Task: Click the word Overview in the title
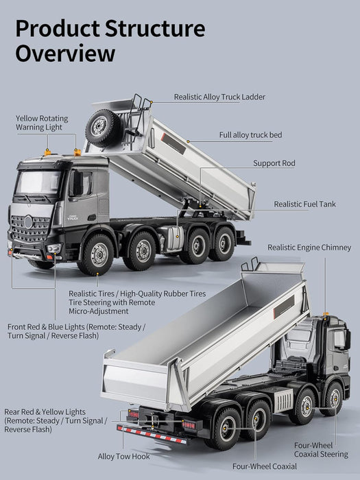pos(65,53)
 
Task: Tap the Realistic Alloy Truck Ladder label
pos(219,97)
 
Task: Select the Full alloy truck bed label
pos(250,135)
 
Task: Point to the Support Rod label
pos(274,163)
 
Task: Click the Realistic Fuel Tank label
pos(304,204)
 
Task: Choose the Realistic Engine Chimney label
pos(309,247)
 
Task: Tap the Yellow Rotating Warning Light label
pos(42,123)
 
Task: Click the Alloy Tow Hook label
pos(124,455)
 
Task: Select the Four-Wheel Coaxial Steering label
pos(321,448)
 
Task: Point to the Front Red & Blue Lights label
pos(76,331)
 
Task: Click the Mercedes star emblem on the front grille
pos(28,221)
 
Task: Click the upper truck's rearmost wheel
pos(221,243)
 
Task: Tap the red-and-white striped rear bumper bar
pos(150,434)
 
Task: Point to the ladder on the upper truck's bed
pos(141,117)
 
